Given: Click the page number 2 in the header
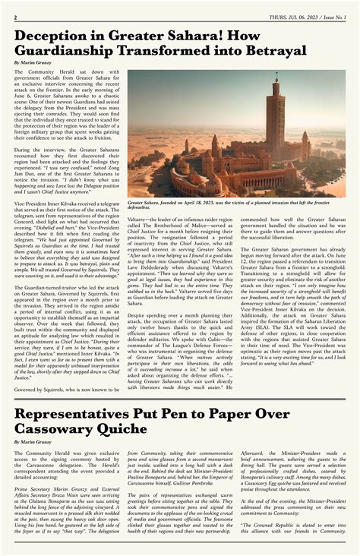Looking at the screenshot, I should [x=15, y=17].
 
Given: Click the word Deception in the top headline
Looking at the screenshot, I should [x=51, y=36].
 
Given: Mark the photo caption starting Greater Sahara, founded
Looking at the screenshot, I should [x=228, y=205].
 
